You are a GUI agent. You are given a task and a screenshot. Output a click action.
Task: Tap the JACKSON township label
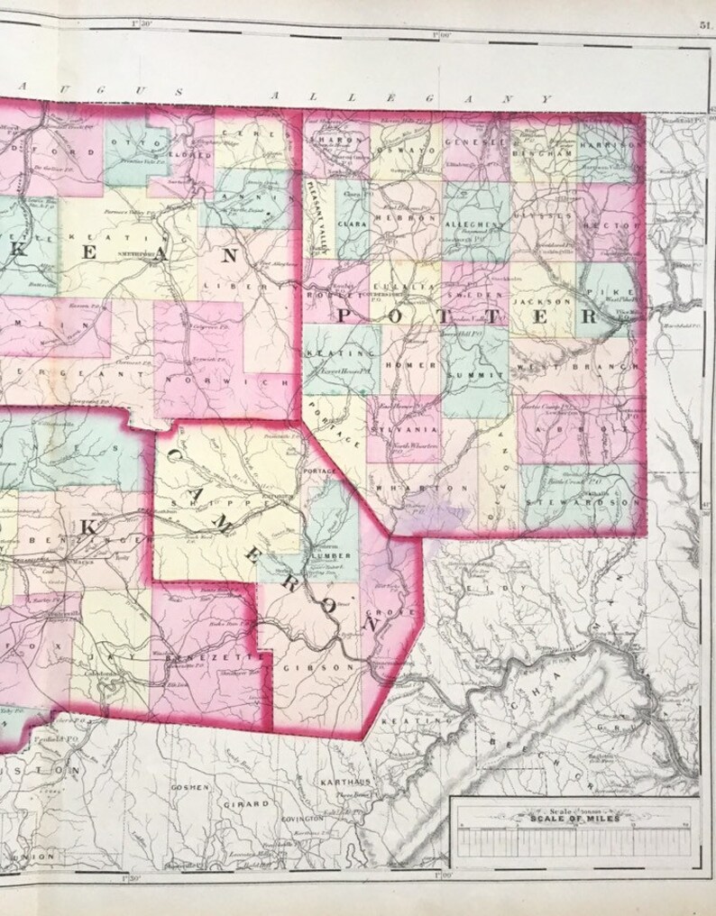click(x=542, y=301)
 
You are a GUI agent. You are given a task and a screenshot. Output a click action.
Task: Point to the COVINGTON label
click(x=301, y=818)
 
